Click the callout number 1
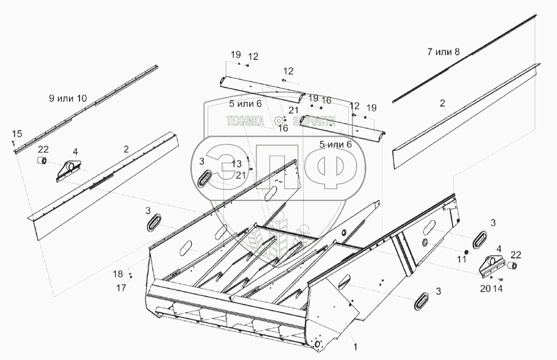pyautogui.click(x=355, y=345)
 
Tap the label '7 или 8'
pyautogui.click(x=443, y=52)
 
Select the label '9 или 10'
pyautogui.click(x=67, y=98)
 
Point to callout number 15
pyautogui.click(x=17, y=134)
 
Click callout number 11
pyautogui.click(x=461, y=260)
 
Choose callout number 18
pyautogui.click(x=118, y=274)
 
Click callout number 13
pyautogui.click(x=236, y=163)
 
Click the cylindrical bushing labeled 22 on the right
pyautogui.click(x=511, y=266)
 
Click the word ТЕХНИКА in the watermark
pyautogui.click(x=245, y=122)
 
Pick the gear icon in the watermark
pyautogui.click(x=279, y=121)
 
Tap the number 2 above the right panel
pyautogui.click(x=442, y=103)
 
